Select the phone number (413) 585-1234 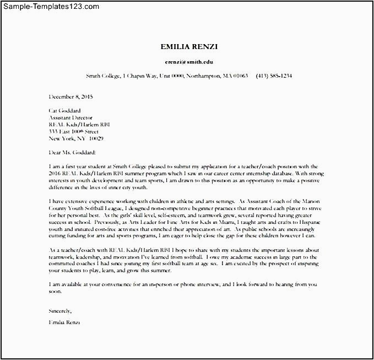pos(274,76)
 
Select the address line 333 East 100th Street pos(73,132)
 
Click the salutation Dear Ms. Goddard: pos(72,153)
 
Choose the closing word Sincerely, pos(60,311)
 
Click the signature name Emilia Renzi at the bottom pos(64,322)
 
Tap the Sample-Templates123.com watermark pos(51,7)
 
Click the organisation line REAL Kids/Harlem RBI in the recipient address pos(79,125)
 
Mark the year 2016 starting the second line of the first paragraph pos(55,173)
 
